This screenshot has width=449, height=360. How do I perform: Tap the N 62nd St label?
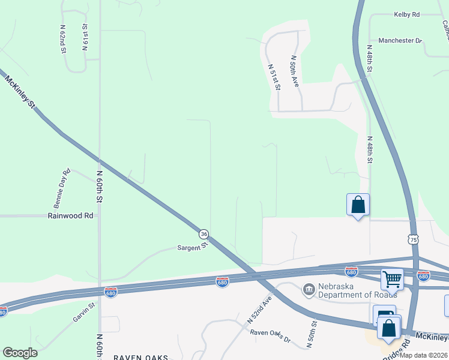coord(62,40)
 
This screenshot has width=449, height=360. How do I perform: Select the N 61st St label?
coord(85,38)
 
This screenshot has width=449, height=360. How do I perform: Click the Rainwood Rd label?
coord(71,215)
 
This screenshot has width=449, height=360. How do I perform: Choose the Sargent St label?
coord(192,246)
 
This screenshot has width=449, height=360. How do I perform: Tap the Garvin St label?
coord(84,313)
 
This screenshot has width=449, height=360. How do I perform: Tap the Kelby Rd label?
coord(406,14)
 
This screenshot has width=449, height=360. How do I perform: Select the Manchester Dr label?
coord(400,40)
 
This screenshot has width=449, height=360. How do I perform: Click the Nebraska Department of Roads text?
coord(357,290)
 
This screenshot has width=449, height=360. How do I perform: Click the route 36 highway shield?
coord(204,233)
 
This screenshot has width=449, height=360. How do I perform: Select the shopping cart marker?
coord(392,278)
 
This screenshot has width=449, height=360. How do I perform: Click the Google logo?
coord(20,353)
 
